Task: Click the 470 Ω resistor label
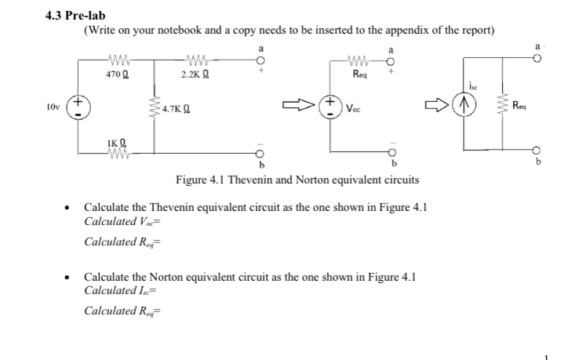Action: click(x=117, y=75)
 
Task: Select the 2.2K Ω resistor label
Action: click(x=194, y=75)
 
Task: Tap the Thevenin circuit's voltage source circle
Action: click(x=332, y=104)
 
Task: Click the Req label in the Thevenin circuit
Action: click(x=360, y=75)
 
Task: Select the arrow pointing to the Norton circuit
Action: click(x=435, y=104)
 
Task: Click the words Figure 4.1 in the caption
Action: click(x=200, y=180)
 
